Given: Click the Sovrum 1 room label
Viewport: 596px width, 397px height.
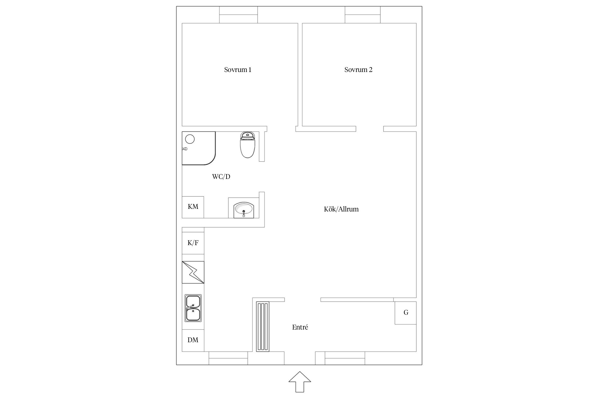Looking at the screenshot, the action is [238, 70].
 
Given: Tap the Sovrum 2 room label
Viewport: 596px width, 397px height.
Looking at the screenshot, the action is [358, 70].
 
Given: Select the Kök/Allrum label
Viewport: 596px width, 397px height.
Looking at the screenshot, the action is [341, 209].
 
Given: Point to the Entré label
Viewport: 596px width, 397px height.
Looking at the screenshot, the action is [300, 327].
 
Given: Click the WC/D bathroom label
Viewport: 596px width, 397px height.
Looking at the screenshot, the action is [221, 177].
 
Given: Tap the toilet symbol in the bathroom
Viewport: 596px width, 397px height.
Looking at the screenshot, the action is [247, 145].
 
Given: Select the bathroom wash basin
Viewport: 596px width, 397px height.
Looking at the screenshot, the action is [244, 210].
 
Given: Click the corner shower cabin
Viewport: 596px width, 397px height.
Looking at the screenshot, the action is [199, 148].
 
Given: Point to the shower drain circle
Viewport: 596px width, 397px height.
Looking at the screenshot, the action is [190, 139].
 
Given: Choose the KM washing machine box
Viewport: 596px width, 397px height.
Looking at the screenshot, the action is [193, 207].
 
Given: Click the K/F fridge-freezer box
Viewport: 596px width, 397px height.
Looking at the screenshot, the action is [193, 243].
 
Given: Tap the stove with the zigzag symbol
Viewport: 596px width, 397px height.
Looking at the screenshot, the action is [193, 272].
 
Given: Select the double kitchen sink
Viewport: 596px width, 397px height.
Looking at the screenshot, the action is [193, 308].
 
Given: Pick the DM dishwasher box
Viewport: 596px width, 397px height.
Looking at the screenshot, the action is [193, 340].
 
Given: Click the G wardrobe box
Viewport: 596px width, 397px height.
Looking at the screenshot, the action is [406, 313].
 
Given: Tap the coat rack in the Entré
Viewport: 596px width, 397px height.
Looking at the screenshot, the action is [263, 326].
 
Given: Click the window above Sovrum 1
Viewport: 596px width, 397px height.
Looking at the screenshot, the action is [238, 15].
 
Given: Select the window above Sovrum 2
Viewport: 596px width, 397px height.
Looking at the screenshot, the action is [363, 15].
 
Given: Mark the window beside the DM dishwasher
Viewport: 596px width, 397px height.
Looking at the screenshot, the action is [228, 358].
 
